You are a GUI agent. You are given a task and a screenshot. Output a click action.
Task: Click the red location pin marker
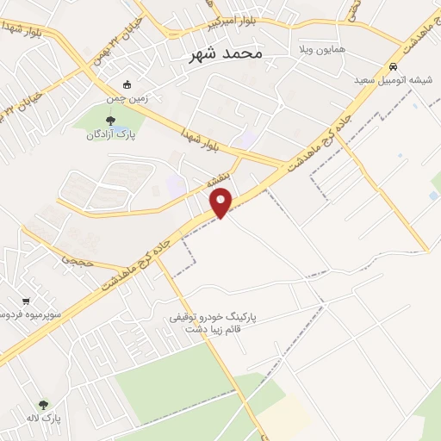222,203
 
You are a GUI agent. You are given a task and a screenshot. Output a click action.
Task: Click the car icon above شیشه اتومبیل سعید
393,67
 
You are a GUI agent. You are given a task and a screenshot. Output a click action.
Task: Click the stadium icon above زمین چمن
127,84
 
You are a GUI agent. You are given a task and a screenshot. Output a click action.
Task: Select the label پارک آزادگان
115,134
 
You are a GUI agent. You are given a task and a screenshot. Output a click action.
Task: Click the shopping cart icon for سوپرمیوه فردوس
28,301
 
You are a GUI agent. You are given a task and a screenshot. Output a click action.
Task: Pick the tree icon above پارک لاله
43,404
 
